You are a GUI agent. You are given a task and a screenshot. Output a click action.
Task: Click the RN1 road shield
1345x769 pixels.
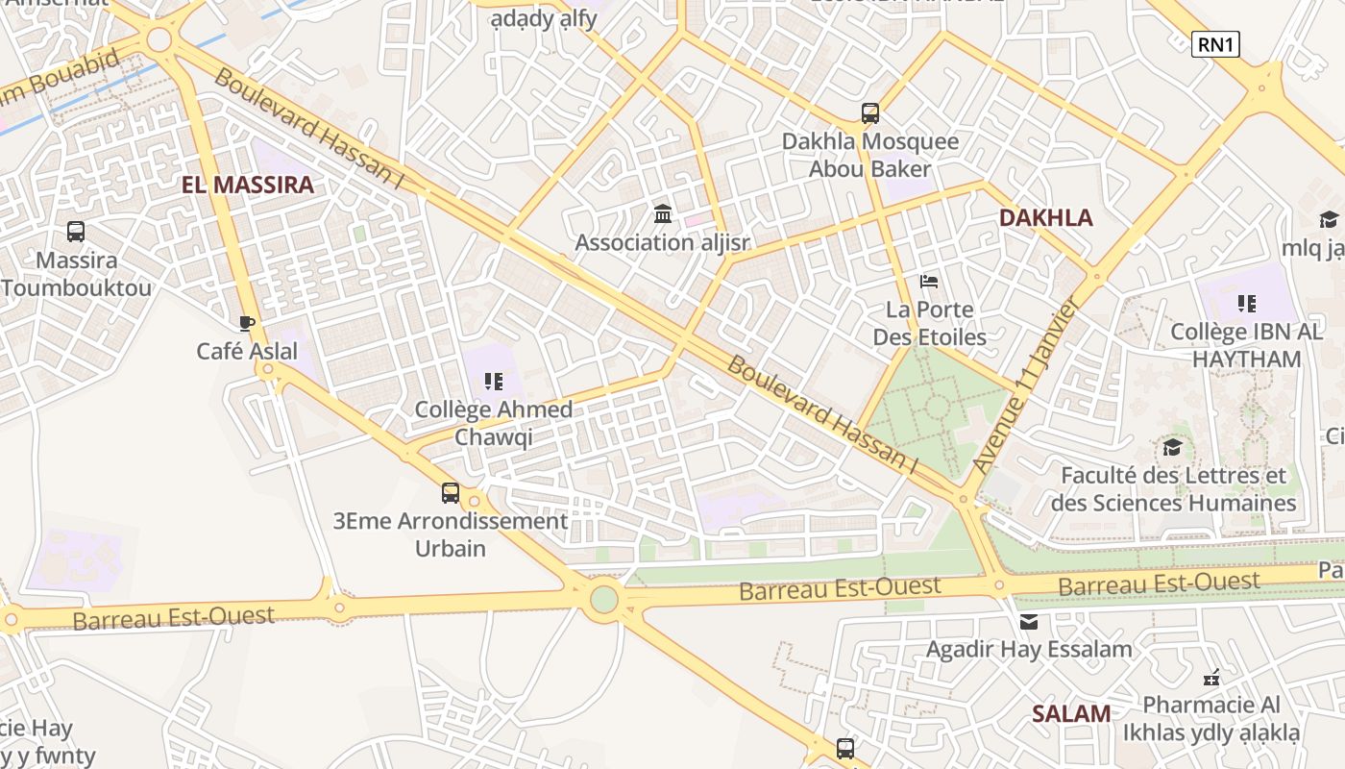click(x=1215, y=44)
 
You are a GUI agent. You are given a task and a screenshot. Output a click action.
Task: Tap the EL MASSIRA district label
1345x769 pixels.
click(x=248, y=186)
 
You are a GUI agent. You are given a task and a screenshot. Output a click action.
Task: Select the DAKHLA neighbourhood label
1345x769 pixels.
click(x=1046, y=217)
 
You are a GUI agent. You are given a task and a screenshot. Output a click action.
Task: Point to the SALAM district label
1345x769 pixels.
click(x=1071, y=713)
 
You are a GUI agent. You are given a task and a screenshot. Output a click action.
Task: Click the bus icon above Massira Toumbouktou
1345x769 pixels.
click(x=76, y=232)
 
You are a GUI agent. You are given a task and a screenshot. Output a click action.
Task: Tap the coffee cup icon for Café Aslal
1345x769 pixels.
click(x=247, y=322)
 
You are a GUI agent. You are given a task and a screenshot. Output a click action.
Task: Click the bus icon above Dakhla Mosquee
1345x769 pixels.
click(x=870, y=113)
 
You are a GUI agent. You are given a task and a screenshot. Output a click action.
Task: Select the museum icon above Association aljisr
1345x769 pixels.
click(x=662, y=213)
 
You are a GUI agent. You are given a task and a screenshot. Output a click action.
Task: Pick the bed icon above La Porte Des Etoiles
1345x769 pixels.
click(x=929, y=282)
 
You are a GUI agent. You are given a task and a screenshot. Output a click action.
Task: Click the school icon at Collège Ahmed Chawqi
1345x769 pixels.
click(x=494, y=382)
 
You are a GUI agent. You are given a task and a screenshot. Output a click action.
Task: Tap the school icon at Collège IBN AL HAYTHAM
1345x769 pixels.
click(x=1247, y=305)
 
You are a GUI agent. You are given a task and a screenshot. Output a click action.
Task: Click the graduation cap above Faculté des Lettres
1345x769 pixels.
click(x=1172, y=447)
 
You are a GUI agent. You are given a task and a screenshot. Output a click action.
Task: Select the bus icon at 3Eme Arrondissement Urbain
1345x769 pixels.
click(x=451, y=493)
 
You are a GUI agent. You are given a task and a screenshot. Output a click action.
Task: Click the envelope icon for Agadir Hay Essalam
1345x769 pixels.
click(x=1029, y=622)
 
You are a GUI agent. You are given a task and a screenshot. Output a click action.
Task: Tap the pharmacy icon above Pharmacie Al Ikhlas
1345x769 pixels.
click(x=1211, y=678)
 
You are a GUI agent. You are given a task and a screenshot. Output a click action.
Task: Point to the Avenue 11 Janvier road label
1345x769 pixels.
click(x=1026, y=384)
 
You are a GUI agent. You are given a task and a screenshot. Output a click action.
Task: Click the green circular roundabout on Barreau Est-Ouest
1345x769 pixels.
click(x=603, y=599)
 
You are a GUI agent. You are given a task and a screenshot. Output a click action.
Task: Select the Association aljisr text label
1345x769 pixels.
click(x=662, y=242)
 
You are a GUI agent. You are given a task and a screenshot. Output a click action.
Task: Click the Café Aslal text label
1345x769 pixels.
click(x=247, y=351)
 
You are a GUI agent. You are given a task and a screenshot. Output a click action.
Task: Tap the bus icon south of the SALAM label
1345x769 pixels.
click(x=845, y=748)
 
